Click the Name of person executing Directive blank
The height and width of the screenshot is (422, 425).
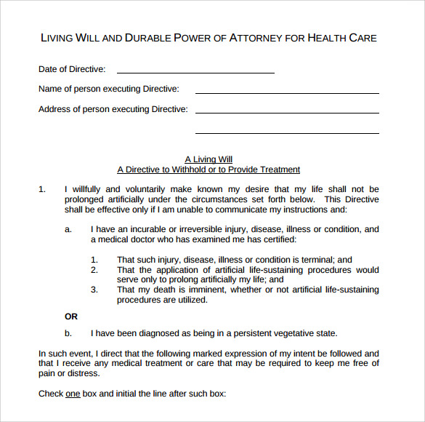pyautogui.click(x=287, y=93)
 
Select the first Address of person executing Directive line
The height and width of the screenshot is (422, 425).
pyautogui.click(x=287, y=113)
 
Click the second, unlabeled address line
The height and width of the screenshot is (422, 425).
pyautogui.click(x=287, y=133)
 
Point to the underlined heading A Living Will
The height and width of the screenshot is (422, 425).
pyautogui.click(x=209, y=159)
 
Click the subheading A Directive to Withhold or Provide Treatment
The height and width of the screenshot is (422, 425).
pyautogui.click(x=209, y=170)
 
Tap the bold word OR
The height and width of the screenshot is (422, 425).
pyautogui.click(x=71, y=316)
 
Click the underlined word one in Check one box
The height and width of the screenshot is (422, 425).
pyautogui.click(x=73, y=394)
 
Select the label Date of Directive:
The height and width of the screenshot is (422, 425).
pyautogui.click(x=72, y=69)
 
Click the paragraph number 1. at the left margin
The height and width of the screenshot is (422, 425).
pyautogui.click(x=42, y=189)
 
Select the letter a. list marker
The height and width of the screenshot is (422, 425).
pyautogui.click(x=68, y=229)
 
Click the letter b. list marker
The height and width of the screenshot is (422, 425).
pyautogui.click(x=68, y=333)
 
